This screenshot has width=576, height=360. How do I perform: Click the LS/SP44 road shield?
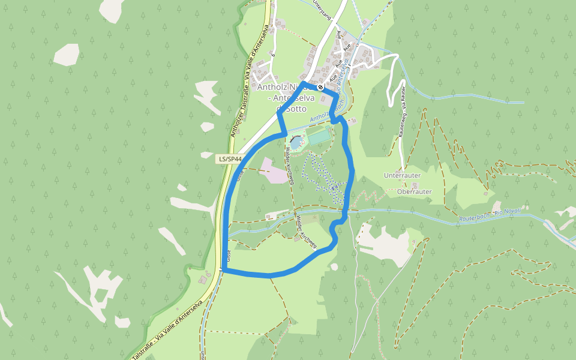tap(230, 159)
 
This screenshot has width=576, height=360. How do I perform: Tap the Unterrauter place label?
tap(401, 175)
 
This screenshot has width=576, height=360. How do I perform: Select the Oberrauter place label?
tap(414, 191)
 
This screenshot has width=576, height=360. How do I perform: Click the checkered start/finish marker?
tap(321, 87)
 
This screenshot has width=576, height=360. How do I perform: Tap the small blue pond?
tap(296, 142)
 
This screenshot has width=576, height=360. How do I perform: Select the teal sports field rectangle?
tap(319, 136)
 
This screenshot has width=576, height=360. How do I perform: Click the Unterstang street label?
tap(322, 10)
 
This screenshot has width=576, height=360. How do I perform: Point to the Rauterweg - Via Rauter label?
tap(402, 113)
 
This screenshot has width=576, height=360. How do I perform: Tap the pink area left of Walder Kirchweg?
tap(274, 172)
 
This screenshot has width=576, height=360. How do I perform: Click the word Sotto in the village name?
tap(295, 109)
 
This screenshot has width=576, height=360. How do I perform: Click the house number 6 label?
tap(272, 55)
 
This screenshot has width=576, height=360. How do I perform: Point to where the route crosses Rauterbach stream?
tap(346, 211)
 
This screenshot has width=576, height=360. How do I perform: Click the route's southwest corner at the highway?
tap(224, 271)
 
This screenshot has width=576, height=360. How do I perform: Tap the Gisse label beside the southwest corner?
tap(230, 256)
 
